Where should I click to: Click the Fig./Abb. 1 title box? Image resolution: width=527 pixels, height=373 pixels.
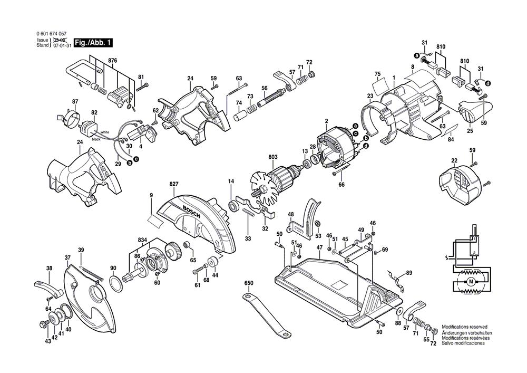pyautogui.click(x=93, y=42)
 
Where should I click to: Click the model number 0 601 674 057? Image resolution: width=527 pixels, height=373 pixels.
pyautogui.click(x=52, y=33)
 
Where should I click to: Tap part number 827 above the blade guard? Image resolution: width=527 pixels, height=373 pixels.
pyautogui.click(x=174, y=184)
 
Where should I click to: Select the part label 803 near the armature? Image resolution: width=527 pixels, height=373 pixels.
pyautogui.click(x=272, y=157)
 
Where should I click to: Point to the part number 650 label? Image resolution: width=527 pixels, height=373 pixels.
pyautogui.click(x=249, y=283)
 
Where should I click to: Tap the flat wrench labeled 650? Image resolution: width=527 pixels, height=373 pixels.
pyautogui.click(x=266, y=315)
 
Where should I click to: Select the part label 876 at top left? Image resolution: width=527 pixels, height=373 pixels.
pyautogui.click(x=112, y=61)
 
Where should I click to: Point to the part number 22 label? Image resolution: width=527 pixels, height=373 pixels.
pyautogui.click(x=454, y=160)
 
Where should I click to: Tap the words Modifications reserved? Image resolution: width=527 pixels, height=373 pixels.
pyautogui.click(x=464, y=327)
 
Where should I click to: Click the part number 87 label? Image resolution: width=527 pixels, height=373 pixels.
pyautogui.click(x=75, y=102)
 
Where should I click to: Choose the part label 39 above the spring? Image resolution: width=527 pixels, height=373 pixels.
pyautogui.click(x=81, y=250)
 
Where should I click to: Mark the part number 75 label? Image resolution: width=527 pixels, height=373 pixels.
pyautogui.click(x=377, y=73)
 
